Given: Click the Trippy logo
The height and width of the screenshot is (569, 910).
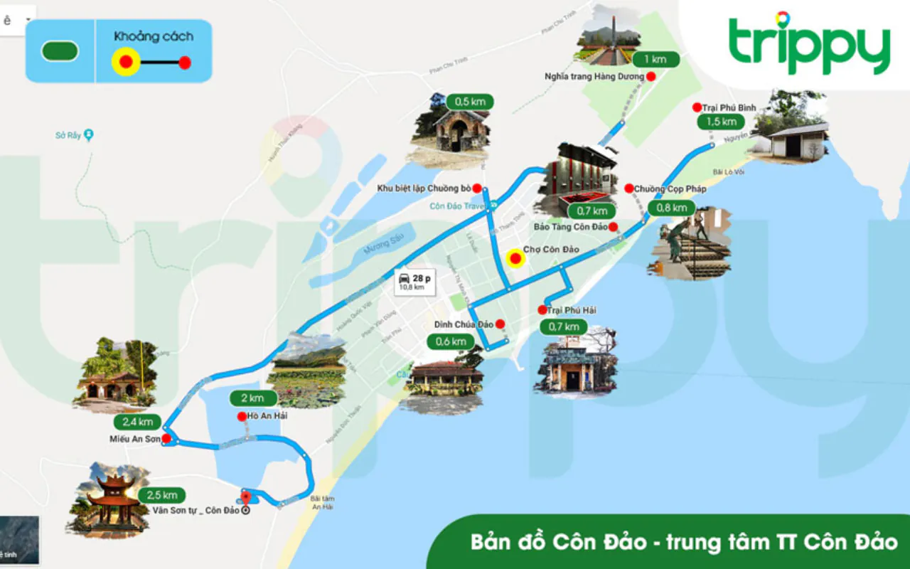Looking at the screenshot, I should (810, 44).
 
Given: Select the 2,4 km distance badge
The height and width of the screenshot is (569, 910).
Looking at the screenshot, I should (138, 422).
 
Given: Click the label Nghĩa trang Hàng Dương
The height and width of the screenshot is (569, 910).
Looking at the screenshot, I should (594, 76).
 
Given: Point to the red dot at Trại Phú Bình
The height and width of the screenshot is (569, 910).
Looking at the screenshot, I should (697, 107).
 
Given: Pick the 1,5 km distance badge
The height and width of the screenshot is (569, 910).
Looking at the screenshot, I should (721, 122).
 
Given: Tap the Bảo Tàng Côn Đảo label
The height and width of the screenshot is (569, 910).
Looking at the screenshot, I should (570, 227).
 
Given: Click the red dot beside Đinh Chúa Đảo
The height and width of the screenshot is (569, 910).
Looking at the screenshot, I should (500, 324).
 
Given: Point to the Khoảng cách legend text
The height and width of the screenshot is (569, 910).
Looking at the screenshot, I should (153, 36).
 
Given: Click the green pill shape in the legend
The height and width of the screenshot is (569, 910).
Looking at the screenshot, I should (60, 51).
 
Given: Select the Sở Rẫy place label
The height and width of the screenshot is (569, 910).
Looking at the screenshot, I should (68, 135).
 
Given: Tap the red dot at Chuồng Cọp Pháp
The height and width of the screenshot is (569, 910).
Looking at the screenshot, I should (628, 188).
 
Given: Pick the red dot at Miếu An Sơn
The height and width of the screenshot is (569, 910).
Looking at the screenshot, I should (166, 439).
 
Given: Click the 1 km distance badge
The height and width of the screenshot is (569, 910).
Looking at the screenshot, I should (655, 59).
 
